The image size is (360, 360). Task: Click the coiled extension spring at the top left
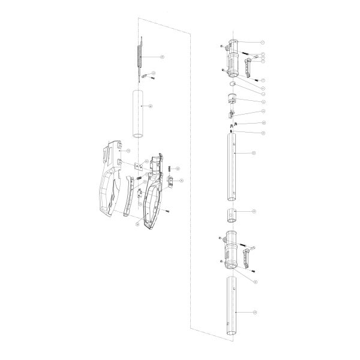(140, 57)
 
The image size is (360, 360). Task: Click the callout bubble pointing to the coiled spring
(161, 56)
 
